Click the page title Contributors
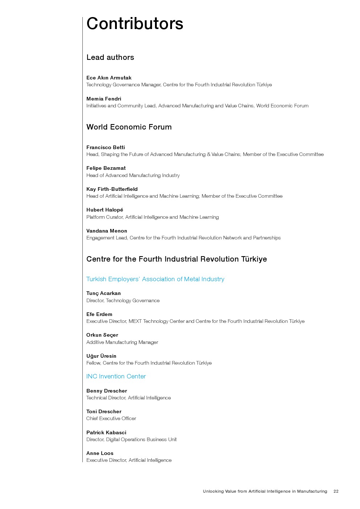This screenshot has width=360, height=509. [x=135, y=24]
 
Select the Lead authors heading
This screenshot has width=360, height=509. [x=110, y=57]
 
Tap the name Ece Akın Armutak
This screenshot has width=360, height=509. [x=109, y=78]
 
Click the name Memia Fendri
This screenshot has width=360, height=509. [x=104, y=99]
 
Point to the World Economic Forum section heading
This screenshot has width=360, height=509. [x=129, y=127]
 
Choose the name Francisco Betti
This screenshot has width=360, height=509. [x=106, y=147]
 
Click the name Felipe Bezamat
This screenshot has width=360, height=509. [x=106, y=168]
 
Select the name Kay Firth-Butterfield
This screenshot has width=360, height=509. [x=112, y=189]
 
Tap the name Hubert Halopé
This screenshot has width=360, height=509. [x=105, y=210]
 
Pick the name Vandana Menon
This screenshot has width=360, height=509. [x=107, y=231]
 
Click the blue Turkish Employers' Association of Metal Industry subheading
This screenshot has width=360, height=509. [x=155, y=279]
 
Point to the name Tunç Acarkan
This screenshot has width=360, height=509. [x=103, y=293]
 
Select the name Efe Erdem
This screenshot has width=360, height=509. [x=99, y=314]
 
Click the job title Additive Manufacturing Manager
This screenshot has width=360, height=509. [x=122, y=342]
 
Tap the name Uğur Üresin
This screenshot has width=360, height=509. [x=101, y=356]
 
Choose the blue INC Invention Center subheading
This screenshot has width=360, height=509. [x=116, y=376]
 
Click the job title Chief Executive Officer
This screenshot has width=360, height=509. [x=111, y=418]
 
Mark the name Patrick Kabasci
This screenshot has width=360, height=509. [x=106, y=432]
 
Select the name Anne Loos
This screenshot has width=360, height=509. [x=100, y=453]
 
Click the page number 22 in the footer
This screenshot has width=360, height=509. [x=336, y=491]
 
